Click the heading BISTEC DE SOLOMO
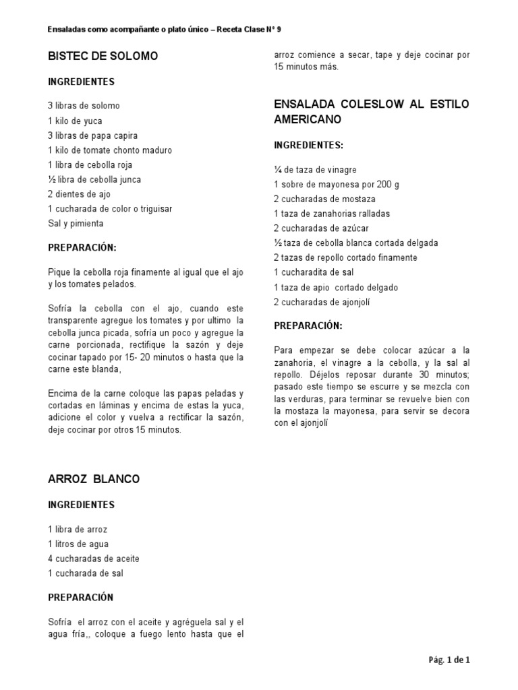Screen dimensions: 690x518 coord(103,56)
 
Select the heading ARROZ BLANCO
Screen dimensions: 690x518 coord(94,479)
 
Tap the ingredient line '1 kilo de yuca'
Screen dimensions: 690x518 coord(76,121)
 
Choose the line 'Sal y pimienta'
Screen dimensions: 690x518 coord(76,223)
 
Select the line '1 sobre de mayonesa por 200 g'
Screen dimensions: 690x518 coord(333,185)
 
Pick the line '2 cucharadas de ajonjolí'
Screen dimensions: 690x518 coord(322,302)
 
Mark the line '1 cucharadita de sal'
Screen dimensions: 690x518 coord(315,272)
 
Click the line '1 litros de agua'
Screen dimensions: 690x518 coord(78,544)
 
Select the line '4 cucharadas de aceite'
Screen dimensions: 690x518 coord(94,559)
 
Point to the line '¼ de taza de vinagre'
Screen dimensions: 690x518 coord(316,170)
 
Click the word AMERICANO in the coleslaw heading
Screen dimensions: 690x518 coord(308,119)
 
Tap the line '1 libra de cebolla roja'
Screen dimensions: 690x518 coord(90,165)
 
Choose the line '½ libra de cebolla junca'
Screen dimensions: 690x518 coord(94,179)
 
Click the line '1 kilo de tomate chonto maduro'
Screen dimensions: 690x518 coord(110,150)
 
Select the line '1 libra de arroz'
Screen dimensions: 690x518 coord(78,529)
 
